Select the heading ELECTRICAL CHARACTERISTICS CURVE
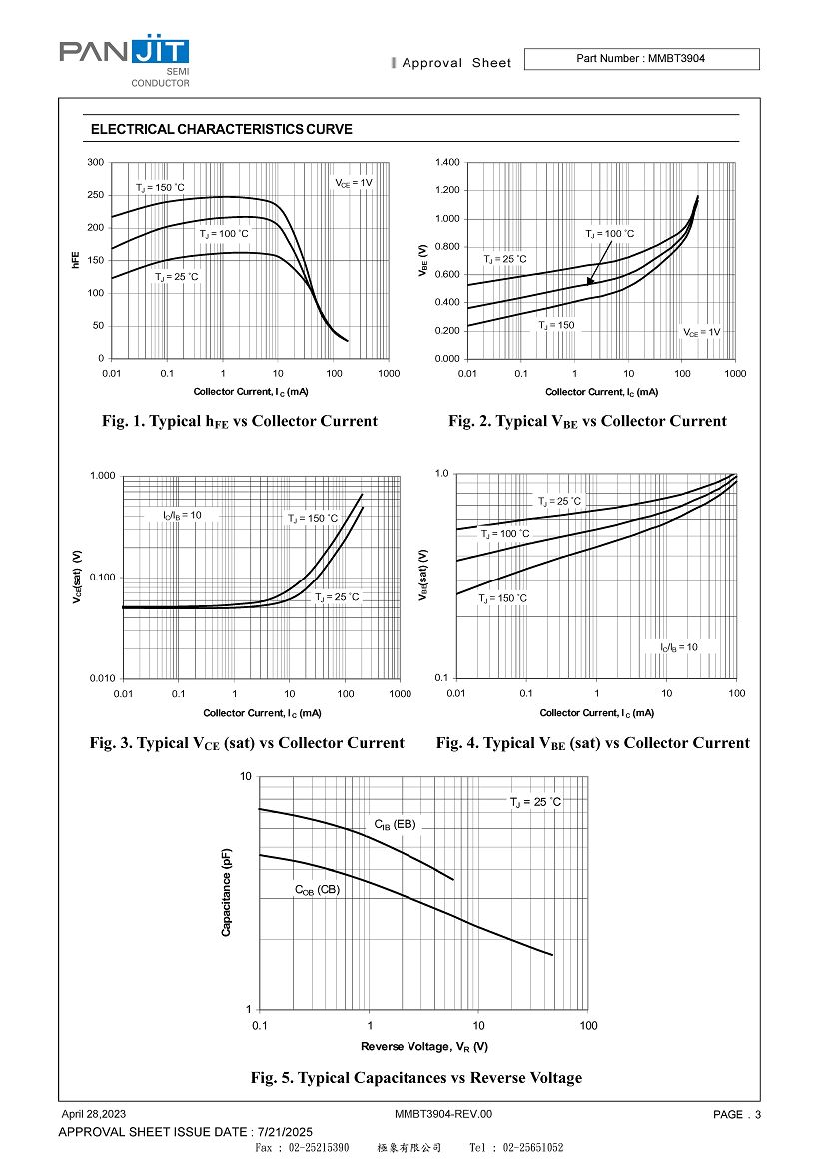[221, 129]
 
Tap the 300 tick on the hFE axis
[96, 162]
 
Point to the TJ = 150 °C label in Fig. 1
[160, 188]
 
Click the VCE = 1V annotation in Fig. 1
[354, 183]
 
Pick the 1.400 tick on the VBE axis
[447, 162]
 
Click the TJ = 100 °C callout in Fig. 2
[609, 234]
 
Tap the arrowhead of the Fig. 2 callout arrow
[589, 281]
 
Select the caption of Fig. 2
[587, 421]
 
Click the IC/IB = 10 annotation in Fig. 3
[182, 515]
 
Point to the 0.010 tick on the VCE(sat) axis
[103, 678]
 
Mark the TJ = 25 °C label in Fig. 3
[337, 597]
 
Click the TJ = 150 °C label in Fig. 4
[503, 598]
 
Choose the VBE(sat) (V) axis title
[423, 575]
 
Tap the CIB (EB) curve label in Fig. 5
[396, 825]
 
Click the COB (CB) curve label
[317, 890]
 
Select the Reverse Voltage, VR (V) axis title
[423, 1047]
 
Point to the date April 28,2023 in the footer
[93, 1114]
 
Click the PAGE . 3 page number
[737, 1115]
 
